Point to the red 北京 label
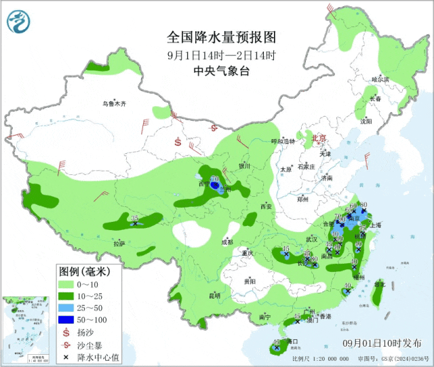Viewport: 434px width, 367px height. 318,138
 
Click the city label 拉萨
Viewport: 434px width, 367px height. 119,244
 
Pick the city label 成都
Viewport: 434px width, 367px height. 226,242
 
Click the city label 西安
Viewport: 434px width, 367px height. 264,206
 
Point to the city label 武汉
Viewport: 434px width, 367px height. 312,239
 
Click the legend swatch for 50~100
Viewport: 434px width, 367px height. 67,319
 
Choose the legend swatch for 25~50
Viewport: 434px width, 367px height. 67,307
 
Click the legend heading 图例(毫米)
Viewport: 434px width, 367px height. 85,270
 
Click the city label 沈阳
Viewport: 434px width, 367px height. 366,121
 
